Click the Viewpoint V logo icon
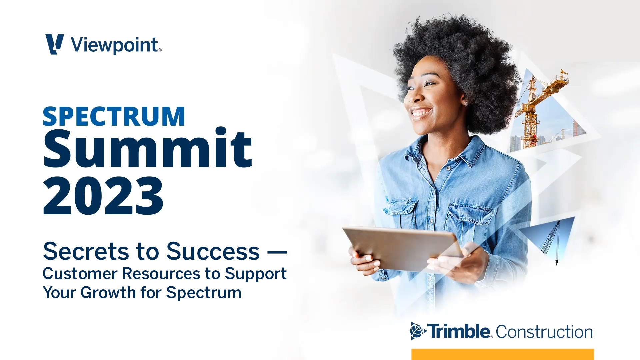54,44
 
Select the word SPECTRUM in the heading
114,117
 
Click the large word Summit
148,148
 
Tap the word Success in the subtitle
213,251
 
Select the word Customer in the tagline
80,274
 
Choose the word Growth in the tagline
108,293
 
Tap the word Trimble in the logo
459,331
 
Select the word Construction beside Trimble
544,332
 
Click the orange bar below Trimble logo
502,354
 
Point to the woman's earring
465,104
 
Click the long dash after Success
277,252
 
